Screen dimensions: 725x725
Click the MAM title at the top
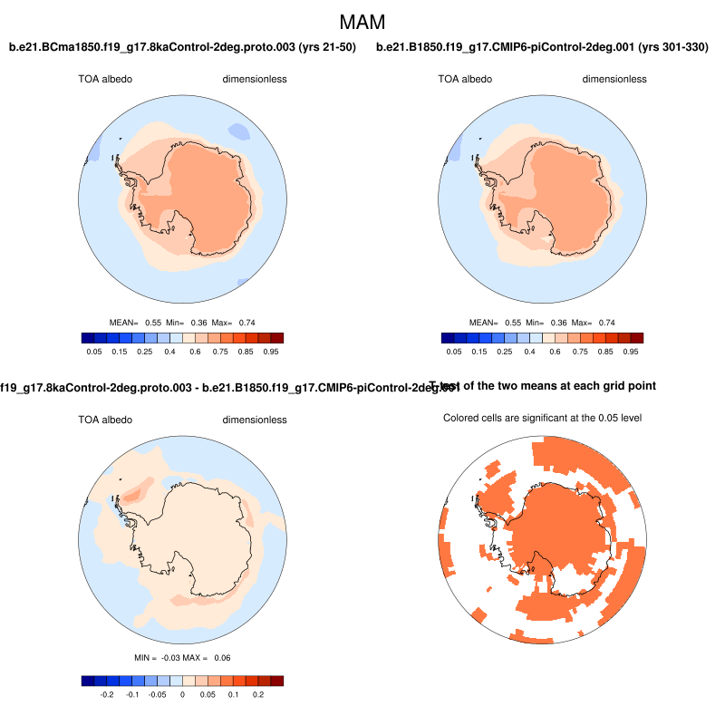click(362, 21)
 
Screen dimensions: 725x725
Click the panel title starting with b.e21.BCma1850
click(182, 46)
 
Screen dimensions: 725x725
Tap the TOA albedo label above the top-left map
click(105, 79)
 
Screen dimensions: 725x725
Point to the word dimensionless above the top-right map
click(614, 79)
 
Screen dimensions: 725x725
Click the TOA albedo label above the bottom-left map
click(105, 420)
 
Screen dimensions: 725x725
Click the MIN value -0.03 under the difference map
click(178, 657)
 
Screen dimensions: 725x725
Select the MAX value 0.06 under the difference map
click(234, 657)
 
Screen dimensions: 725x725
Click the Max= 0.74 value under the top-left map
click(246, 322)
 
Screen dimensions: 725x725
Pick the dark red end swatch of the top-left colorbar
click(277, 338)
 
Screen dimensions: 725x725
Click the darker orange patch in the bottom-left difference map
click(132, 493)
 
